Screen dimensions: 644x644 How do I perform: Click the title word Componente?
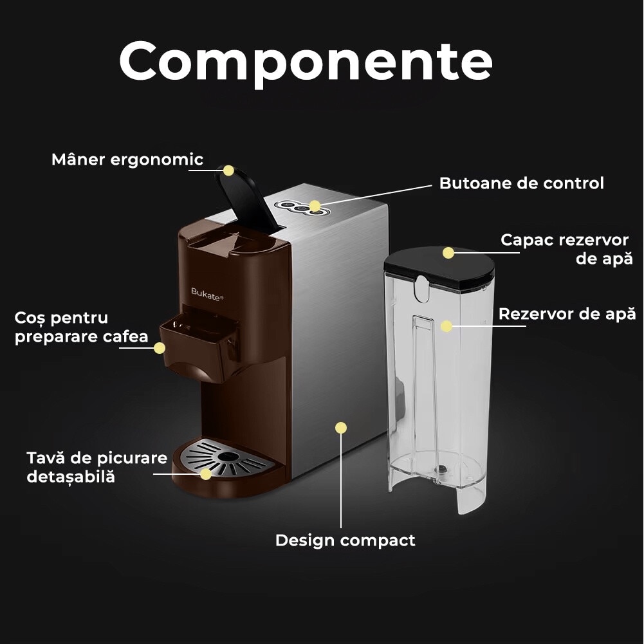[x=306, y=62]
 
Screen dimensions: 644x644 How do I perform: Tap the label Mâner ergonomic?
[x=127, y=160]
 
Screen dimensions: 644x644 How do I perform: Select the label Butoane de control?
[x=521, y=183]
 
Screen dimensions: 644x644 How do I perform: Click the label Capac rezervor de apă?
[x=566, y=249]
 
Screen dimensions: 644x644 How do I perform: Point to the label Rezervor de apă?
[x=567, y=314]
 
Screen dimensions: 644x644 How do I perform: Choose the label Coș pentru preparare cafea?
[x=81, y=327]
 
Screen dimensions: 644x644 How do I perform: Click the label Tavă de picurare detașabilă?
[x=97, y=467]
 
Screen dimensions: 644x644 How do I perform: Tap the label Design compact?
[x=345, y=540]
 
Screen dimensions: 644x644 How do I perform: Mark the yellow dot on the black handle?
[x=228, y=170]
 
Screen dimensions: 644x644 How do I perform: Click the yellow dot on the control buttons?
[x=315, y=206]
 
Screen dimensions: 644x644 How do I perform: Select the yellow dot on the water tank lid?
[x=448, y=252]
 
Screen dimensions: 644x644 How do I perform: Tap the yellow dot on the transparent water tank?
[x=446, y=326]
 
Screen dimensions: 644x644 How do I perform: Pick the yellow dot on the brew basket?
[x=159, y=347]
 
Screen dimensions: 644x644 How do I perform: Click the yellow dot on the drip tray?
[x=205, y=474]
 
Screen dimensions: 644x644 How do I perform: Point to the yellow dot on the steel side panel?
[x=341, y=427]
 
